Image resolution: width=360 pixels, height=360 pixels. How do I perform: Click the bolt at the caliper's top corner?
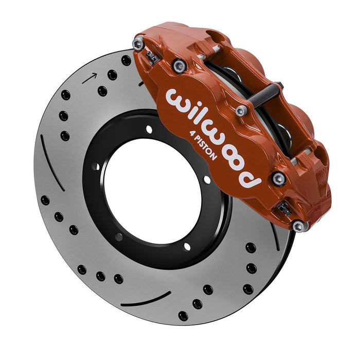pos(138,45)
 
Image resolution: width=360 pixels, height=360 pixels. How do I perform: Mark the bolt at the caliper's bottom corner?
pos(298,226)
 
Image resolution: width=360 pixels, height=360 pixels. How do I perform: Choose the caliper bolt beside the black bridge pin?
pos(241,111)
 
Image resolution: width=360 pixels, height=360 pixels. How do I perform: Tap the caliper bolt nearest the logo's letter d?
pos(279,178)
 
